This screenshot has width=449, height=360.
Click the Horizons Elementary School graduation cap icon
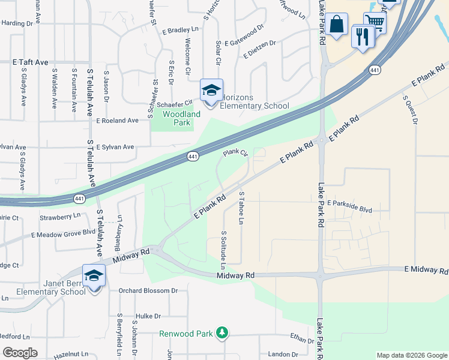point(211,91)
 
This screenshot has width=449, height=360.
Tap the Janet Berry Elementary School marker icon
point(94,276)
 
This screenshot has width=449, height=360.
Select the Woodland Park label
point(181,118)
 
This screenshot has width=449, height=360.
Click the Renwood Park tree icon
point(222,332)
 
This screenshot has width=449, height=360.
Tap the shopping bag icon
point(337,25)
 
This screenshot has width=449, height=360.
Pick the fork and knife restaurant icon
point(362,37)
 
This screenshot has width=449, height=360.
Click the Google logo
point(20,353)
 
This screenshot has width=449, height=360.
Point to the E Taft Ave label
point(30,62)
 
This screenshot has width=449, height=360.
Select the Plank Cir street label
point(236,153)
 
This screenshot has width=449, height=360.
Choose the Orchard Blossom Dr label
point(148,290)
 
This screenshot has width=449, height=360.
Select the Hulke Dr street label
point(149,316)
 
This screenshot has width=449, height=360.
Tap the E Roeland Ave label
point(117,120)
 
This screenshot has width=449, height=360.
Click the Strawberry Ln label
point(60,216)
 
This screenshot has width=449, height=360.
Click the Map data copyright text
point(411,355)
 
